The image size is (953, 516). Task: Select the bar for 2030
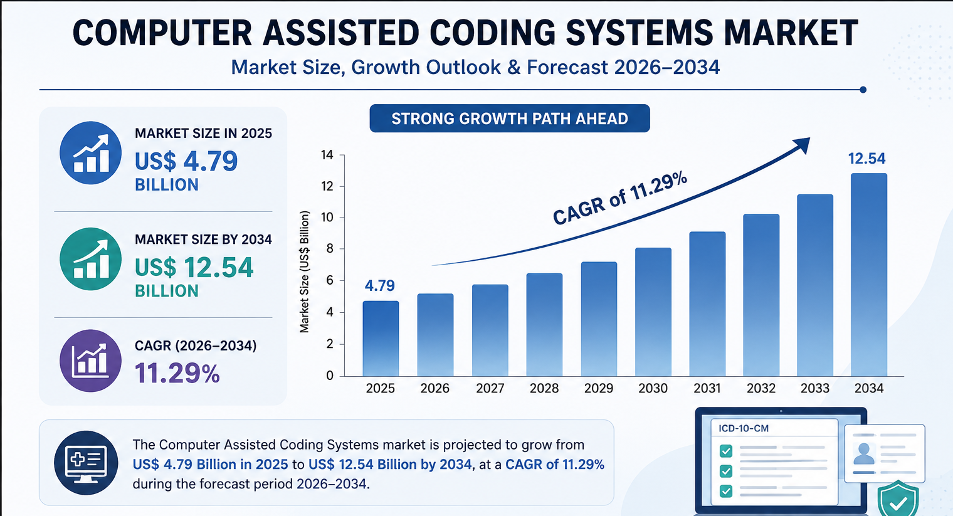tap(653, 312)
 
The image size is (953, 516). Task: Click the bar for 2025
tap(381, 339)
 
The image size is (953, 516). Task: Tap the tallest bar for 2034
tap(869, 275)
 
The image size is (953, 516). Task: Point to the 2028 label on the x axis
tap(544, 388)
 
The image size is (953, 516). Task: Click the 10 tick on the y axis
tap(327, 218)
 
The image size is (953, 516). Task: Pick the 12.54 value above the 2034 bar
tap(866, 159)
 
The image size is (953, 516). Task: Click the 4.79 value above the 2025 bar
tap(379, 285)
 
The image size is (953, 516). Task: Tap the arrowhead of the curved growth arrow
tap(801, 145)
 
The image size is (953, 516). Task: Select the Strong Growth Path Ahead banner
tap(510, 118)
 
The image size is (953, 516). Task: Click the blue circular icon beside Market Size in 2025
tap(91, 153)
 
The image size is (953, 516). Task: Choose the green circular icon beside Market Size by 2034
tap(91, 259)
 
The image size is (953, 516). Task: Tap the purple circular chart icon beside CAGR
tap(91, 361)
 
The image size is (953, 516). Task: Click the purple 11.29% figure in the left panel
tap(177, 374)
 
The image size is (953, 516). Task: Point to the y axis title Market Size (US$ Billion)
tap(304, 272)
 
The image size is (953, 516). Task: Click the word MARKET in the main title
tap(791, 33)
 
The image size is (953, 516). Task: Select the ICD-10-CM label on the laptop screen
tap(744, 428)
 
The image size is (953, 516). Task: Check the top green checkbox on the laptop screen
tap(726, 451)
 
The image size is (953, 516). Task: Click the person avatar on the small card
tap(864, 453)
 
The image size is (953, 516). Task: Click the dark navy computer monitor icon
tap(86, 463)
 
